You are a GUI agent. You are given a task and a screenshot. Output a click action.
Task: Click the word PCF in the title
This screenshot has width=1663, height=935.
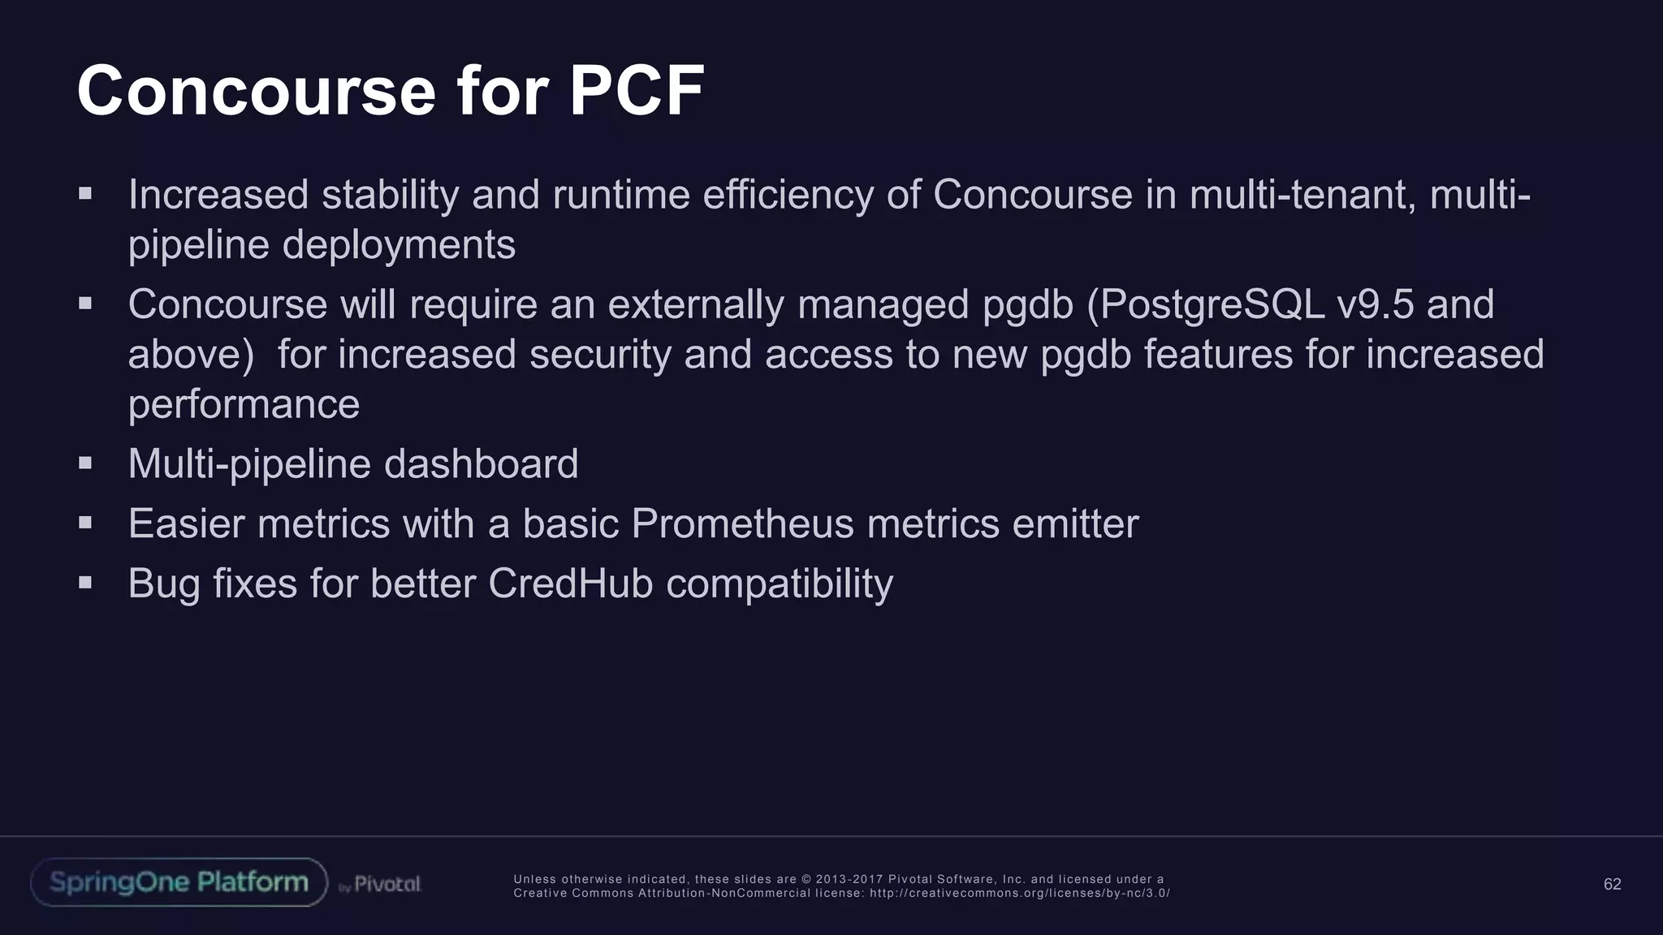point(636,91)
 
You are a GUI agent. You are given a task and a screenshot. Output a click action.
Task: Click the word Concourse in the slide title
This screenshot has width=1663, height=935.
point(257,91)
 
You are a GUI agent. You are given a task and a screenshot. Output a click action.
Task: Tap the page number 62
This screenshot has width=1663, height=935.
point(1612,885)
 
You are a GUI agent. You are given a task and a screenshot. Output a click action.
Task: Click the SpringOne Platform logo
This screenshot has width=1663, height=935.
point(179,882)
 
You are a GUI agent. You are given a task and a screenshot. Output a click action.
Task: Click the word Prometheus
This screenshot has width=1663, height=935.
point(742,524)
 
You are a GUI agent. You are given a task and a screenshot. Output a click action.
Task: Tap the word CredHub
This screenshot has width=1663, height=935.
point(570,584)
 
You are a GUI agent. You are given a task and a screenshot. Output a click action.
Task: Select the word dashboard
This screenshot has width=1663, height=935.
point(481,464)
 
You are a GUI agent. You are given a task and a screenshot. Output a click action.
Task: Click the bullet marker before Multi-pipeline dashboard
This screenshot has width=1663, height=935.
point(85,463)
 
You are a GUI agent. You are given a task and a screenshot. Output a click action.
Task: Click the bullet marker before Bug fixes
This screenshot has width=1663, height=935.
point(85,582)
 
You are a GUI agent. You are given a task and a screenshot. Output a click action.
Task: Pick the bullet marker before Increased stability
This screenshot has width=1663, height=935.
point(85,193)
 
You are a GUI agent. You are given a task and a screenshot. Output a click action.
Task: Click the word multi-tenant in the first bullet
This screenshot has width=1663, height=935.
point(1302,195)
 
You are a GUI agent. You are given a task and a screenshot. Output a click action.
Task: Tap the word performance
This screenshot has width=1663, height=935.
point(244,405)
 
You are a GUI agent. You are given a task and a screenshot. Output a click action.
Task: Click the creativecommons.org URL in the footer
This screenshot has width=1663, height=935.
point(1019,893)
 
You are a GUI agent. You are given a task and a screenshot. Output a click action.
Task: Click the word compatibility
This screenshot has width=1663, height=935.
point(780,584)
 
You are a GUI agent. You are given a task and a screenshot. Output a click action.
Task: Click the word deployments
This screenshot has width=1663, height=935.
point(399,245)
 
